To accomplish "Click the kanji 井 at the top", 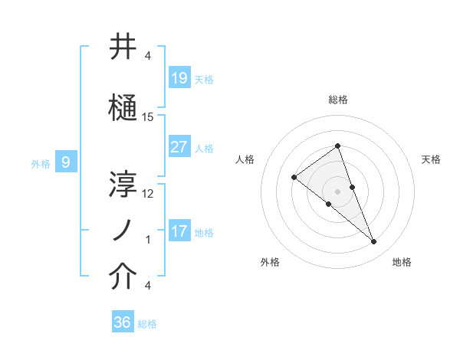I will [x=123, y=47].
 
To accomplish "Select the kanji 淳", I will [x=123, y=183].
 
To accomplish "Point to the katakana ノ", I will [x=123, y=231].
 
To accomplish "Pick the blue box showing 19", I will [x=179, y=77].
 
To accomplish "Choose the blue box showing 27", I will [x=179, y=146].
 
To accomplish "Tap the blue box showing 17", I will [x=179, y=231].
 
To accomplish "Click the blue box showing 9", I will [x=66, y=162].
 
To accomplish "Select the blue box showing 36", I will [x=123, y=322].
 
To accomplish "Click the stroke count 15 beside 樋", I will [x=148, y=117].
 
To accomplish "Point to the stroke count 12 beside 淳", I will [x=148, y=193].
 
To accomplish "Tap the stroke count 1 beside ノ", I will [x=148, y=240].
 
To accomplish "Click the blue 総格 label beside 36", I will [x=147, y=324].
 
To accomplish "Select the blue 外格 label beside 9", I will [x=40, y=163].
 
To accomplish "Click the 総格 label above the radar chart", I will [x=338, y=100].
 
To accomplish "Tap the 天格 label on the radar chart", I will [x=431, y=159].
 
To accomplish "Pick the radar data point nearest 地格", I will [x=374, y=242].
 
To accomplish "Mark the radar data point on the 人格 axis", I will [x=294, y=178].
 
